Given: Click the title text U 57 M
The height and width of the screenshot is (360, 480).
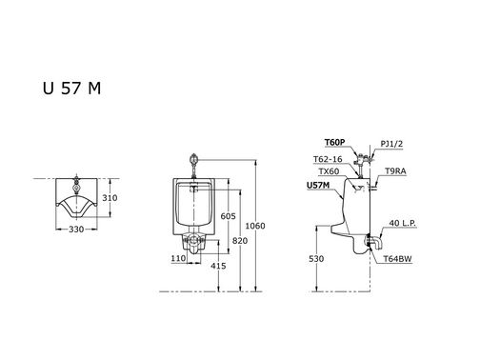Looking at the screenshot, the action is point(71,88).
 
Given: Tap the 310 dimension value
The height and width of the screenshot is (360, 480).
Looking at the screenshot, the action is point(110,198).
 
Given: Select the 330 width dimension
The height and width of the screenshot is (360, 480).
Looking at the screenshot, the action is point(76,230).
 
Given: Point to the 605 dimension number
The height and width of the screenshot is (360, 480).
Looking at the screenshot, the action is point(229,216).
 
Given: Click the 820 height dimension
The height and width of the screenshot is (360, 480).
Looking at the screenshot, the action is point(240,241).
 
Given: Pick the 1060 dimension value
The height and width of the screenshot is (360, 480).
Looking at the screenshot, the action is point(255,226).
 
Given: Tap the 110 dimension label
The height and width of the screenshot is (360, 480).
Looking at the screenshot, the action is point(178,258).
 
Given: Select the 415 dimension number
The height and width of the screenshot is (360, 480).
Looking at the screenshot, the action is point(218,266).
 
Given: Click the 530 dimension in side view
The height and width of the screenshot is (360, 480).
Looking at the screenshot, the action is point(316,259).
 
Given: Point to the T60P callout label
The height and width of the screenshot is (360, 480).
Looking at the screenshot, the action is point(334,143).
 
